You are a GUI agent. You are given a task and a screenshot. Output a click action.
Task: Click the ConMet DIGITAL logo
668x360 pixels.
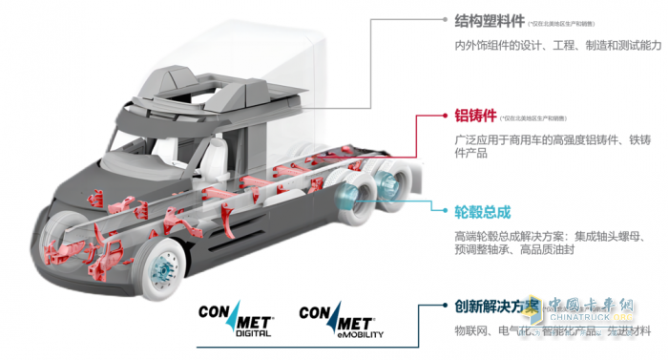pos(235,321)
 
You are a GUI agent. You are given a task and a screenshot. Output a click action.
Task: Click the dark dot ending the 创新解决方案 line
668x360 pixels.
pos(447,307)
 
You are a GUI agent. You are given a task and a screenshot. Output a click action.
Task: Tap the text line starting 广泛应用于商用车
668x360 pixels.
pos(553,140)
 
